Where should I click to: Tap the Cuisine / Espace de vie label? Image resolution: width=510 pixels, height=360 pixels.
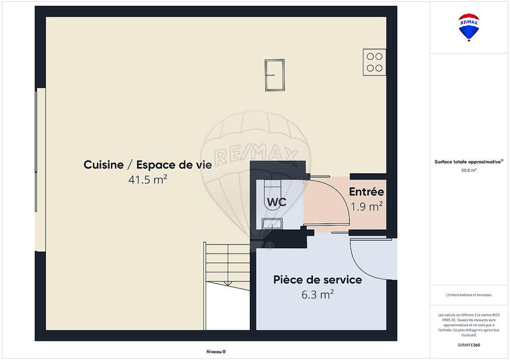147,165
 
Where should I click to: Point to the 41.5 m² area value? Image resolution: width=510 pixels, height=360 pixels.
147,180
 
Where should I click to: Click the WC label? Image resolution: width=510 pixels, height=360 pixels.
276,202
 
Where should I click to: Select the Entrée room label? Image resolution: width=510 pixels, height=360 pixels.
366,192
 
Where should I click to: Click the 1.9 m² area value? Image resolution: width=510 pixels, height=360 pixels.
367,206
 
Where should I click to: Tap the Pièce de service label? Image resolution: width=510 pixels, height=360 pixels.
317,280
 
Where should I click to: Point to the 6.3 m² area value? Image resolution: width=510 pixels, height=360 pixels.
317,294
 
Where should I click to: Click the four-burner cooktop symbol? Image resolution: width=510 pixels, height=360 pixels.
374,61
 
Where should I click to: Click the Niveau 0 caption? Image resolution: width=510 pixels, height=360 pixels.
215,351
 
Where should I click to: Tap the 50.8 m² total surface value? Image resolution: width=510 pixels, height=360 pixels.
469,170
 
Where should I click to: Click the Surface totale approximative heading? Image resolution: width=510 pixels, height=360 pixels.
469,162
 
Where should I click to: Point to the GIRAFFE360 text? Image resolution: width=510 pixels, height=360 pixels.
469,344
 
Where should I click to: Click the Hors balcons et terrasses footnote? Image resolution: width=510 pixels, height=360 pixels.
469,295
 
